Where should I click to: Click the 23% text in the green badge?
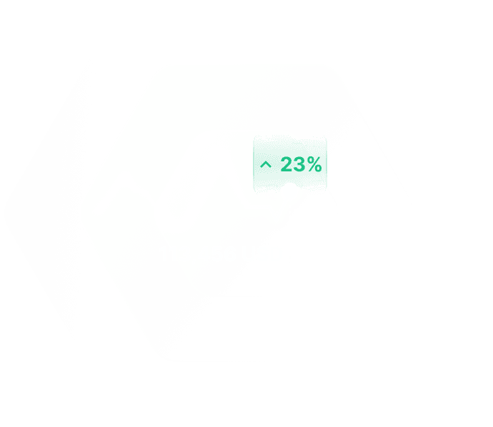pos(300,165)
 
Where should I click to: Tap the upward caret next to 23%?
pos(266,165)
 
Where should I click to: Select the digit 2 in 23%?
pos(287,165)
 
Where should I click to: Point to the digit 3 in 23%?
pos(299,165)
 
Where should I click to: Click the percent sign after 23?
pos(314,165)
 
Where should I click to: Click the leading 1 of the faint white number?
pos(166,254)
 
